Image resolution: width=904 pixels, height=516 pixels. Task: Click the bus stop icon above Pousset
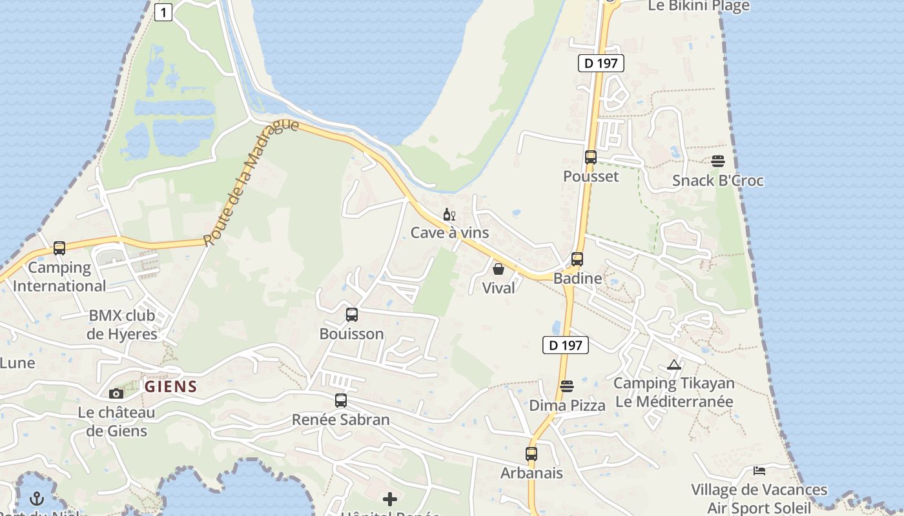(590, 157)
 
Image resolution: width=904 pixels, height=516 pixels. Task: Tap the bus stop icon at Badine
(577, 259)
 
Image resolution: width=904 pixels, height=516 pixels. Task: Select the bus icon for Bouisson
(352, 315)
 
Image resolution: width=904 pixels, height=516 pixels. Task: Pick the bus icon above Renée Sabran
(341, 401)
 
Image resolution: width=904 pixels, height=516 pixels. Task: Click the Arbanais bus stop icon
(531, 454)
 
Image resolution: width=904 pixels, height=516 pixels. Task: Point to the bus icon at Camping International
(59, 248)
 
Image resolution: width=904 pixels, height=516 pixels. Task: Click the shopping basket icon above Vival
(498, 269)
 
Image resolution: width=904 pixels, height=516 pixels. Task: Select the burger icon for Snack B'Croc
(718, 161)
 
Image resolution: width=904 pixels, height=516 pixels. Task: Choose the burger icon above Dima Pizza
(567, 386)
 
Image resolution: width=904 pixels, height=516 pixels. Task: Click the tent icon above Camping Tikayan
(674, 365)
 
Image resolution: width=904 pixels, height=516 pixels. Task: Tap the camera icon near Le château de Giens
(116, 393)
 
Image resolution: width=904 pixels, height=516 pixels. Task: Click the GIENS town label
(171, 387)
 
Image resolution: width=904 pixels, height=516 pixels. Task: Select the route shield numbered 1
(163, 12)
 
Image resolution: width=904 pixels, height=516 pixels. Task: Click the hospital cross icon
(390, 499)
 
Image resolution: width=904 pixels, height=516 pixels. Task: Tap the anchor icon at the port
(37, 499)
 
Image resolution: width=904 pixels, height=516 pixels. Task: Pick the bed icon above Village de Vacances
(759, 471)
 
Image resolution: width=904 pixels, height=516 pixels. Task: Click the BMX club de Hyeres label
(122, 324)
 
